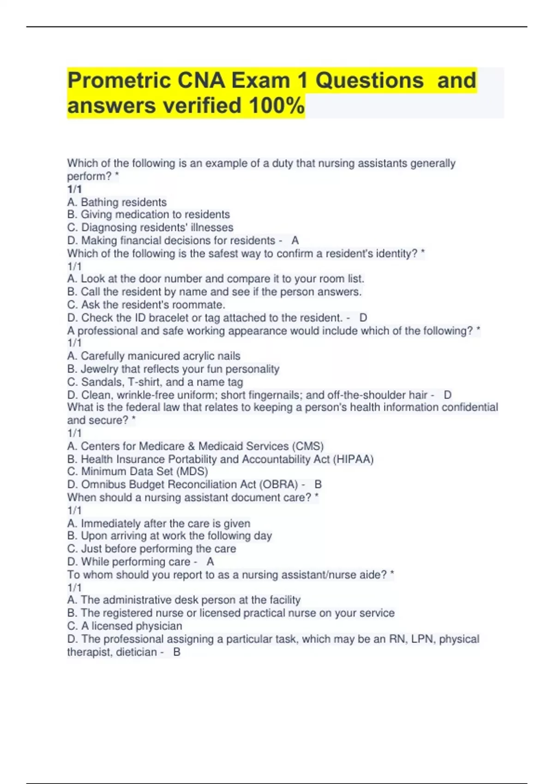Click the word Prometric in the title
118,81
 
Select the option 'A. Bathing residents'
117,202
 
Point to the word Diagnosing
111,227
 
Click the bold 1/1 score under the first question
74,189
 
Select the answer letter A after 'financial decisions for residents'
295,240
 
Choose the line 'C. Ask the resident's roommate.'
146,305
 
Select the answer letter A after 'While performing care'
210,562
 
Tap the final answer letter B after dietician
176,652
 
